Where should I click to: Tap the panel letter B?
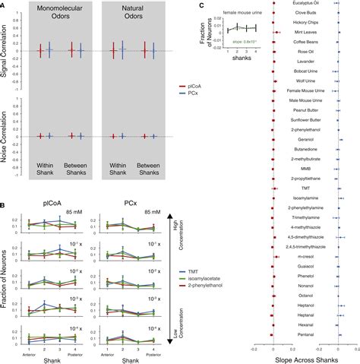tap(5, 200)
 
